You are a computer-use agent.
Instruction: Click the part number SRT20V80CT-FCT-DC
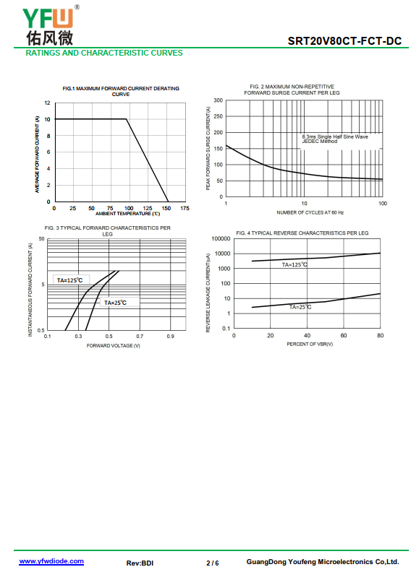(x=344, y=40)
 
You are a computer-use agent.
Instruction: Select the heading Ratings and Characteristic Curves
(x=104, y=53)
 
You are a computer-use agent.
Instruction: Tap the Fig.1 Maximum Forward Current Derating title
(x=121, y=91)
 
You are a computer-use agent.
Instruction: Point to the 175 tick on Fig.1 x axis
(x=185, y=208)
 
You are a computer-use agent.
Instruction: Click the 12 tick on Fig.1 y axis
(x=47, y=103)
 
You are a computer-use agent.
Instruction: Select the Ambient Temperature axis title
(x=128, y=214)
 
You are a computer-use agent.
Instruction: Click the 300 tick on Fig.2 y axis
(x=219, y=100)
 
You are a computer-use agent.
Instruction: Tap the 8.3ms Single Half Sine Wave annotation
(x=335, y=137)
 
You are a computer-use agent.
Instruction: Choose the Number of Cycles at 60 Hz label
(x=310, y=212)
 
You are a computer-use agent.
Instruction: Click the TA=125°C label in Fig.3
(x=69, y=280)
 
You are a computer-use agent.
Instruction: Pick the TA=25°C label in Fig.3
(x=115, y=303)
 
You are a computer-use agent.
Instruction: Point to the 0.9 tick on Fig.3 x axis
(x=171, y=337)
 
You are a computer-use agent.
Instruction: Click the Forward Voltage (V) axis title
(x=114, y=345)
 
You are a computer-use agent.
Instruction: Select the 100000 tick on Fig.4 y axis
(x=221, y=239)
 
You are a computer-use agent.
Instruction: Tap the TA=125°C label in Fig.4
(x=295, y=264)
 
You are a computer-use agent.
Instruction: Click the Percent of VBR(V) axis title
(x=310, y=344)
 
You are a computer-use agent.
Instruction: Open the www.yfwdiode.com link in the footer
(x=51, y=561)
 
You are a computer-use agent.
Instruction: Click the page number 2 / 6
(x=213, y=563)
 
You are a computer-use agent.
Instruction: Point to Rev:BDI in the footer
(x=140, y=563)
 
